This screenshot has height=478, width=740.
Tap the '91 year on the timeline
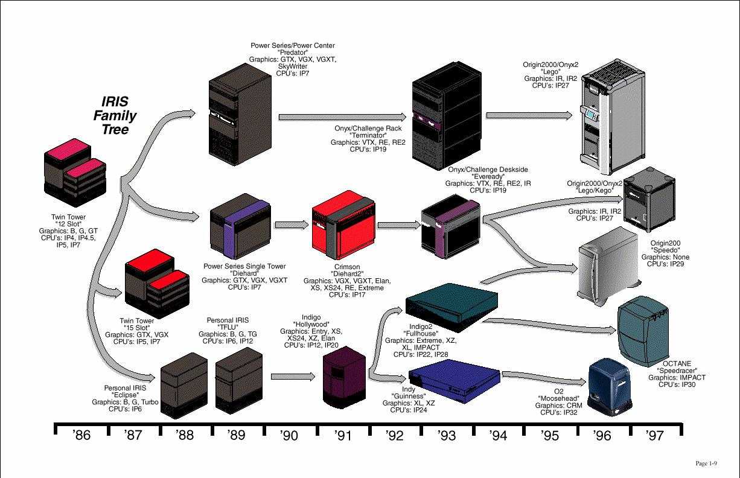click(x=342, y=435)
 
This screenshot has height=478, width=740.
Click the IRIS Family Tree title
click(x=115, y=115)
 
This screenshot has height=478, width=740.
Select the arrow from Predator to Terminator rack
click(x=342, y=116)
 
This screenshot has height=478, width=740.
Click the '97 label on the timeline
click(x=654, y=435)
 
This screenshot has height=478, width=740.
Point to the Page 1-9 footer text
click(x=706, y=464)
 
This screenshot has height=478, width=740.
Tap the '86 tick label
click(x=81, y=435)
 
